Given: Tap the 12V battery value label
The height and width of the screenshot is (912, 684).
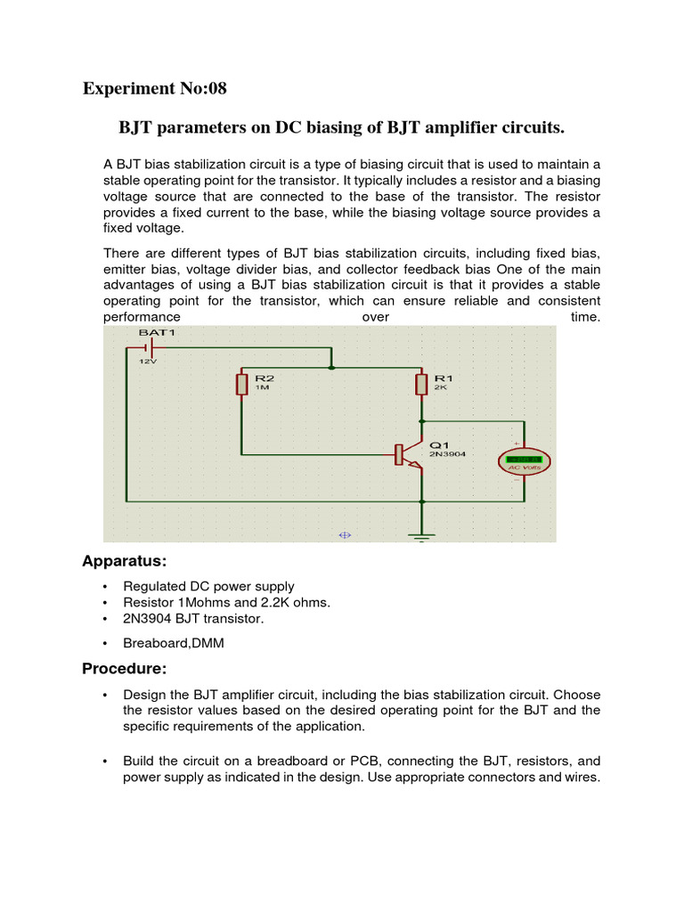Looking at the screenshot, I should click(x=146, y=362).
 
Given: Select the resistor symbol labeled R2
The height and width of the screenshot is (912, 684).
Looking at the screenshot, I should click(x=241, y=384).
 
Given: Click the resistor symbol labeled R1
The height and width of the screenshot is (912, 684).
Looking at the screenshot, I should click(x=421, y=384).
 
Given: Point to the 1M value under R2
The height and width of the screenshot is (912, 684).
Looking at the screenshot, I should click(x=262, y=388).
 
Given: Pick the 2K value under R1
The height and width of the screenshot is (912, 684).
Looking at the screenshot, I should click(x=441, y=388).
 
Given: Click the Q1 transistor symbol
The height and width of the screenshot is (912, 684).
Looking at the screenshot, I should click(x=409, y=454).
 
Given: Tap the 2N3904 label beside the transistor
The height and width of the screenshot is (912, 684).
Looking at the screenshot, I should click(x=447, y=453).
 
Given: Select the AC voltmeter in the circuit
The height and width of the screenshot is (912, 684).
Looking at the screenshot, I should click(x=524, y=460).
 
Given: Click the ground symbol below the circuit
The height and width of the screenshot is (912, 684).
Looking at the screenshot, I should click(x=421, y=534).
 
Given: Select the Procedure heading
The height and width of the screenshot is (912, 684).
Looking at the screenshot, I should click(x=124, y=668).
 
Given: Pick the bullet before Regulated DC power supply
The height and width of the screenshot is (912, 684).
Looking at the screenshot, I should click(x=105, y=586).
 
